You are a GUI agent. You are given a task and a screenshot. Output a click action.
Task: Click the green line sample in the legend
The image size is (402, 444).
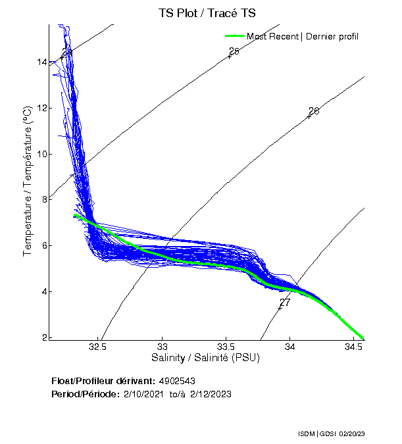(x=235, y=36)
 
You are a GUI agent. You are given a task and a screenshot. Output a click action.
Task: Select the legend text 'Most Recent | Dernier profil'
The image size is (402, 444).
(x=303, y=36)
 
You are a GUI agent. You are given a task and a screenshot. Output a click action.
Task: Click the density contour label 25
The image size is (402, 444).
(x=234, y=51)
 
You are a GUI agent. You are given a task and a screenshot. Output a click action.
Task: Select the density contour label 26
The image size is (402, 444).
(x=314, y=111)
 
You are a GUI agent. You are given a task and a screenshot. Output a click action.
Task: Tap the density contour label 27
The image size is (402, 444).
(x=285, y=303)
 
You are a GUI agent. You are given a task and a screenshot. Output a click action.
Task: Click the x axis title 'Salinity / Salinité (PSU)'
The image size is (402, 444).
(x=206, y=358)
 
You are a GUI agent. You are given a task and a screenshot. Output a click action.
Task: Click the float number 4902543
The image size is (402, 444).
(x=177, y=381)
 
